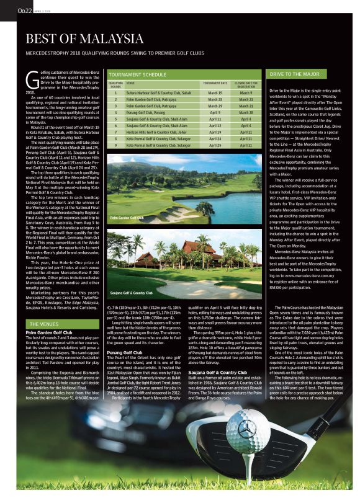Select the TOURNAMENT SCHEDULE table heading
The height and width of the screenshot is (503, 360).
point(137,74)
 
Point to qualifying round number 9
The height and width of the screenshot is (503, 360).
point(116,145)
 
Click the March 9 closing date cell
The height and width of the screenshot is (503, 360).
point(246,93)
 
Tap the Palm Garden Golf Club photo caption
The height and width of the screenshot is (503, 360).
point(127,218)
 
